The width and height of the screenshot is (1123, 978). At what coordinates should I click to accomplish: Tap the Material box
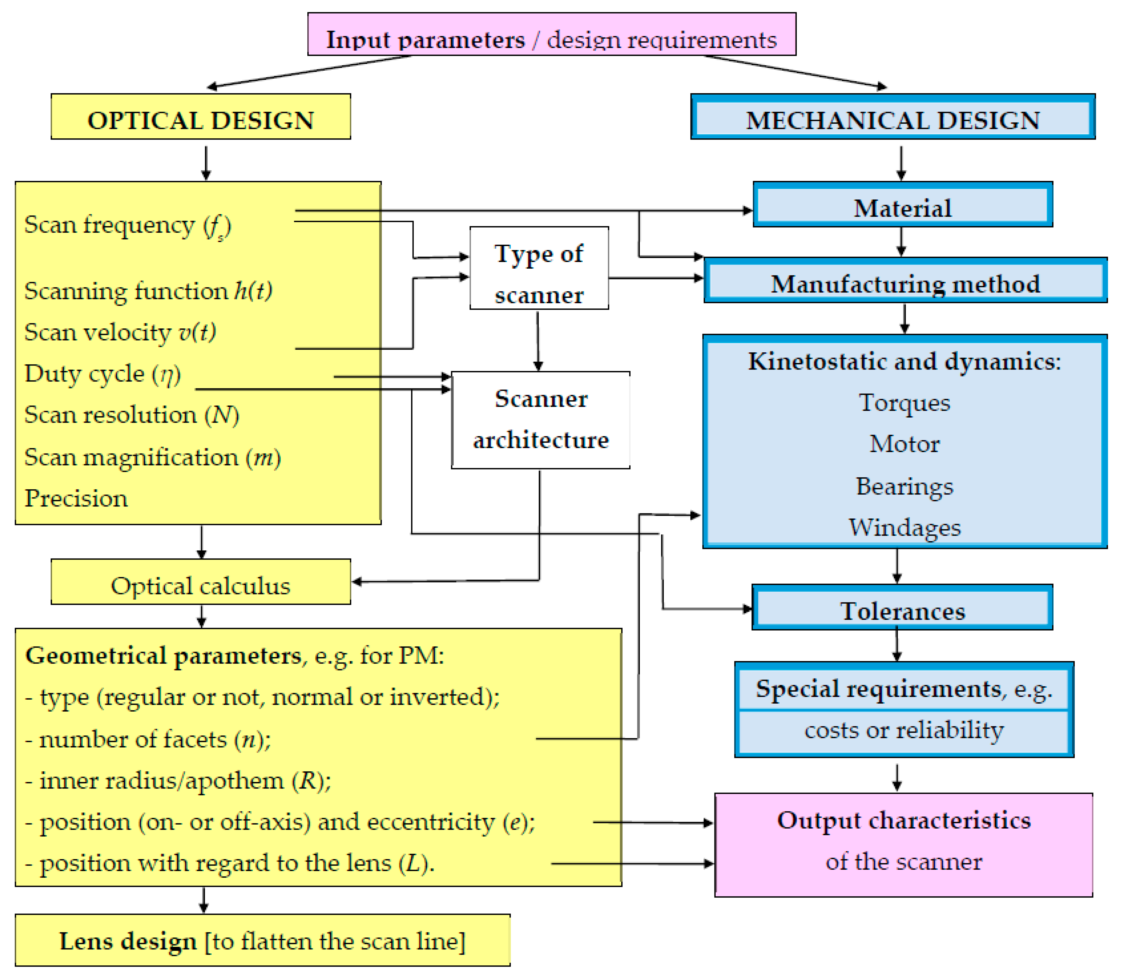click(x=903, y=205)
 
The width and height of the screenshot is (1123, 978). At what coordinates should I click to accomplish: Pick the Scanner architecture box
click(x=540, y=420)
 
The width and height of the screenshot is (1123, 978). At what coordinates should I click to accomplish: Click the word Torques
click(x=904, y=403)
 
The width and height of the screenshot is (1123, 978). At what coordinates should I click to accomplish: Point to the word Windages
click(x=904, y=527)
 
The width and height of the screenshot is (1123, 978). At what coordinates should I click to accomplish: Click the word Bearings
click(x=904, y=486)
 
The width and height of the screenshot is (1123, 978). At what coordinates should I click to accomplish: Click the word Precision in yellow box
click(x=76, y=498)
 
